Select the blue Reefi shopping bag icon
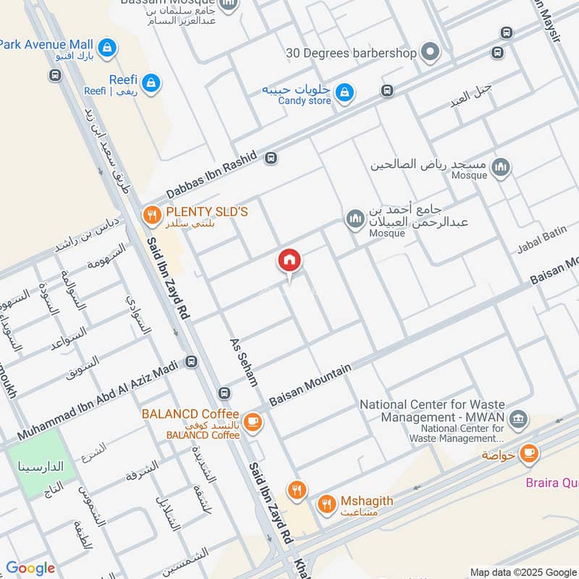(x=151, y=84)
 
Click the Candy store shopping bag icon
(x=345, y=91)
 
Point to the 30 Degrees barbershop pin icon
(x=431, y=52)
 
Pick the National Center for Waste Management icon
(x=518, y=418)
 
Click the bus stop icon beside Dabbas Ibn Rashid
(x=271, y=158)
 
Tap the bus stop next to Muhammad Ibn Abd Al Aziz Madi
(x=191, y=362)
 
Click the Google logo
(x=30, y=568)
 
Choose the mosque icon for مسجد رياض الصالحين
(x=500, y=169)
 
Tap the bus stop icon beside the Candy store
(x=387, y=91)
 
